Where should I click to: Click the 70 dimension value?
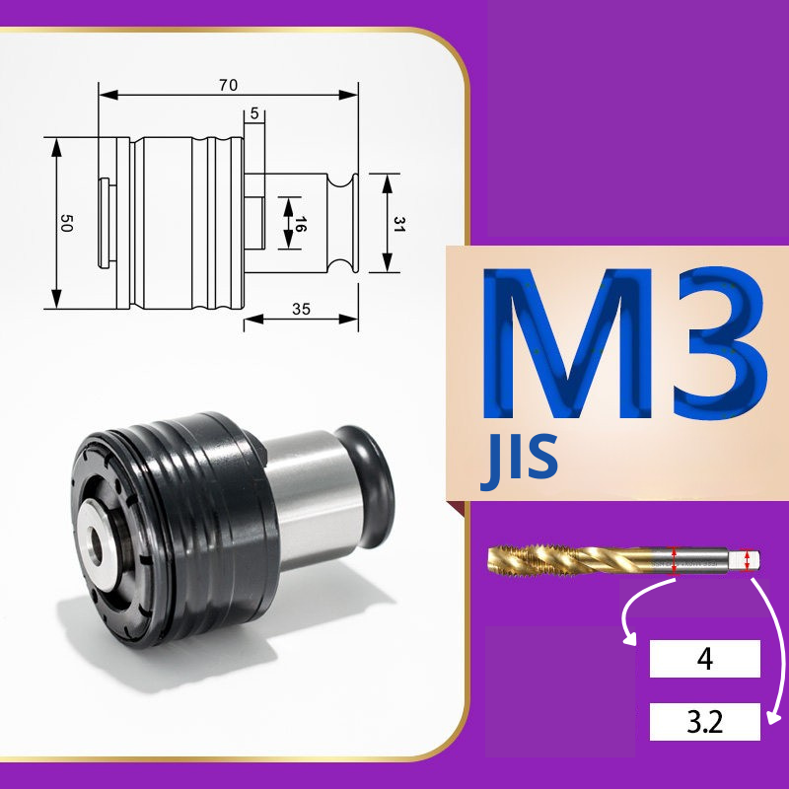(228, 85)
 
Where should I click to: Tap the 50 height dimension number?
(66, 223)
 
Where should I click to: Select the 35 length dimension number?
(301, 309)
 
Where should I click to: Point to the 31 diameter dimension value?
(399, 224)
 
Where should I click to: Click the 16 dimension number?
(300, 224)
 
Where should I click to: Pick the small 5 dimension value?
(254, 113)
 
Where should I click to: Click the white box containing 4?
(704, 659)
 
